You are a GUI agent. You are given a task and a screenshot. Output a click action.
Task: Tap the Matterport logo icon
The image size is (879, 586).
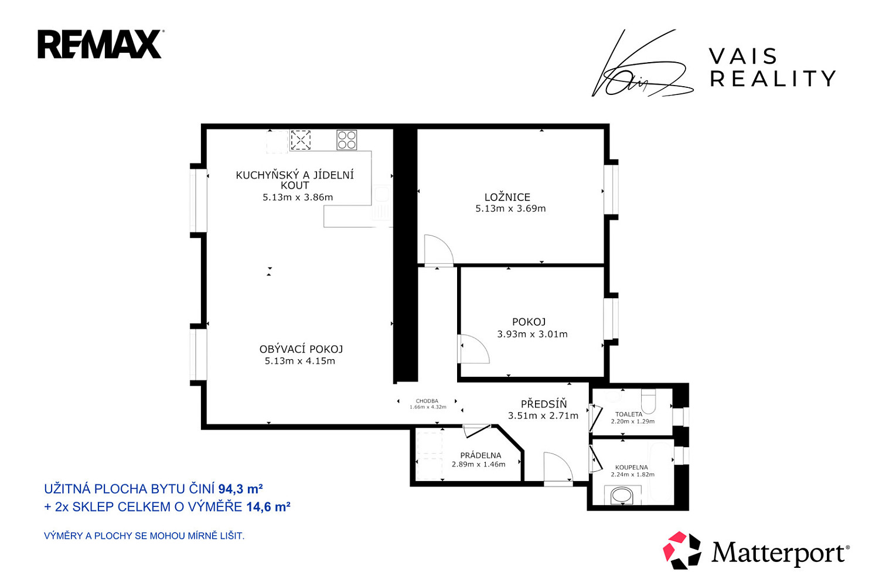pyautogui.click(x=682, y=550)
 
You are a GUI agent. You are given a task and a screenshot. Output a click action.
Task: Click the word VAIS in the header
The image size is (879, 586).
pyautogui.click(x=743, y=56)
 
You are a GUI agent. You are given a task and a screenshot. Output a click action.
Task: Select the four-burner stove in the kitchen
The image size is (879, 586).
pyautogui.click(x=346, y=140)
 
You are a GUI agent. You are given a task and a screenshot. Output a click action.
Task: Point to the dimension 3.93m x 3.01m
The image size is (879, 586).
pyautogui.click(x=532, y=334)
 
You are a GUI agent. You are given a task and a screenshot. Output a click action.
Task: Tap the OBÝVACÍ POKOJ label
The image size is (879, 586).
pyautogui.click(x=301, y=349)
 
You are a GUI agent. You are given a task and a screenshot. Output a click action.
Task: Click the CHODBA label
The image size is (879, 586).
pyautogui.click(x=427, y=401)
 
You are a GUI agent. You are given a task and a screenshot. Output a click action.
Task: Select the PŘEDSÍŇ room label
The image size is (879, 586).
pyautogui.click(x=543, y=404)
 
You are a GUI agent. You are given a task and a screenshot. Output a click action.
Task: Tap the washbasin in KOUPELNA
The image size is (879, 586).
pyautogui.click(x=622, y=495)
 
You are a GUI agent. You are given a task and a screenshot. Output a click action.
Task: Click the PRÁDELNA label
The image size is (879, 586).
pyautogui.click(x=481, y=455)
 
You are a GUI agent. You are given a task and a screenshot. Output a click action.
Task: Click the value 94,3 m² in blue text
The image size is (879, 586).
pyautogui.click(x=240, y=489)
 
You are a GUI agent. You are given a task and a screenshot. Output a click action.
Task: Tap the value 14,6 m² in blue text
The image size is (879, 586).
pyautogui.click(x=268, y=507)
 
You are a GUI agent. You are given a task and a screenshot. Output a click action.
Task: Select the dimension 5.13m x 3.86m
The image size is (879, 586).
pyautogui.click(x=298, y=197)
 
